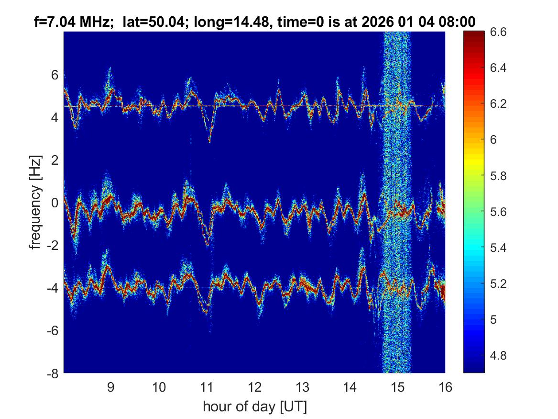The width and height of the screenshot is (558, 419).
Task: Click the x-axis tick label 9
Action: pos(111,387)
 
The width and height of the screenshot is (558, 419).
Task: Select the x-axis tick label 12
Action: pos(254,387)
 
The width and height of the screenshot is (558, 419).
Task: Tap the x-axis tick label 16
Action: pos(445,387)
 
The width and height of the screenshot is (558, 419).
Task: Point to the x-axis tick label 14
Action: pos(350,387)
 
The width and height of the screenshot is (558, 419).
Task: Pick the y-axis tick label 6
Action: pos(55,75)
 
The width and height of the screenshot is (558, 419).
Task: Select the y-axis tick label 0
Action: pos(55,203)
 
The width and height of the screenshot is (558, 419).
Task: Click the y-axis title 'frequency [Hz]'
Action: pos(35,203)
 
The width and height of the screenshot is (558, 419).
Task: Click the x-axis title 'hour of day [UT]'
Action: pos(254,407)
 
